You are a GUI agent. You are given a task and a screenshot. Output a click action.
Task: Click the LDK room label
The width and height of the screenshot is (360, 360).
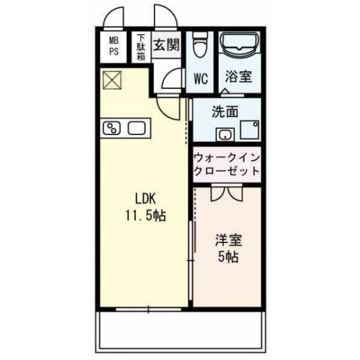coord(146,198)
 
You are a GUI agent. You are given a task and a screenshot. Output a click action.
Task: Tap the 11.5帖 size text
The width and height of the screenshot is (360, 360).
coord(146,216)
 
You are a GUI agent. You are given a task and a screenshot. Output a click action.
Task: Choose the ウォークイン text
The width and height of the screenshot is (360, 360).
coord(227,158)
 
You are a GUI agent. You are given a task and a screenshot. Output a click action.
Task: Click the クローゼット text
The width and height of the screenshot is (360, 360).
coord(227,171)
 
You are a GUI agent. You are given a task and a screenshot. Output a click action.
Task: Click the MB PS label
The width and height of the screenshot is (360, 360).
coord(113,46)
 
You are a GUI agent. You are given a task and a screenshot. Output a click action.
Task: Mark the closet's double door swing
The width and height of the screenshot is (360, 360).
coord(227,193)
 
